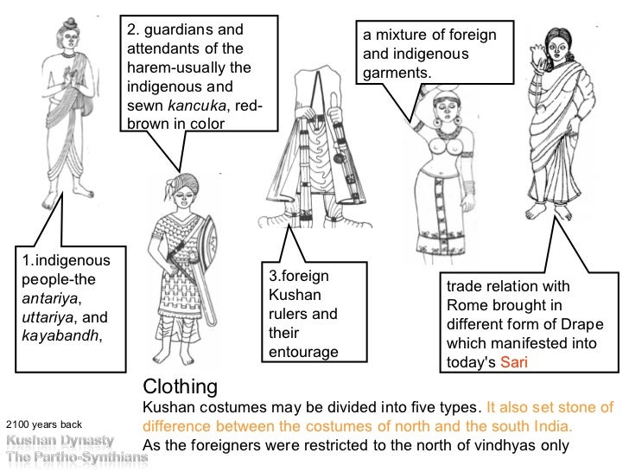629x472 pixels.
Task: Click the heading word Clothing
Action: (x=179, y=385)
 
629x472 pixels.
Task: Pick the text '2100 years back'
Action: (x=43, y=424)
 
